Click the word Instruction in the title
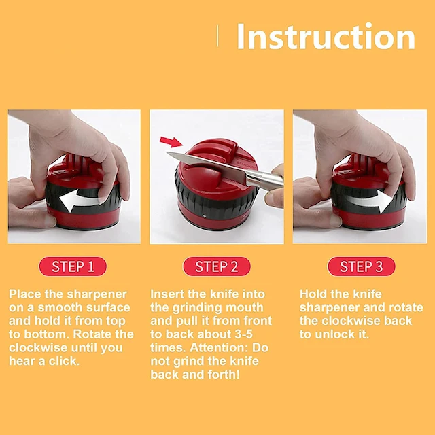coord(326,37)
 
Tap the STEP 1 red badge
coord(73,266)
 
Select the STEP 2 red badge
coord(217,266)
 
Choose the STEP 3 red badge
coord(361,266)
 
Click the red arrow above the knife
coord(171,141)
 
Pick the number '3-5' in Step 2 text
coord(243,334)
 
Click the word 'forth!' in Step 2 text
coord(224,375)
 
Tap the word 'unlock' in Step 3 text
coord(335,334)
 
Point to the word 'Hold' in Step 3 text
coord(311,294)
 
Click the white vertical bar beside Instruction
coord(217,36)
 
